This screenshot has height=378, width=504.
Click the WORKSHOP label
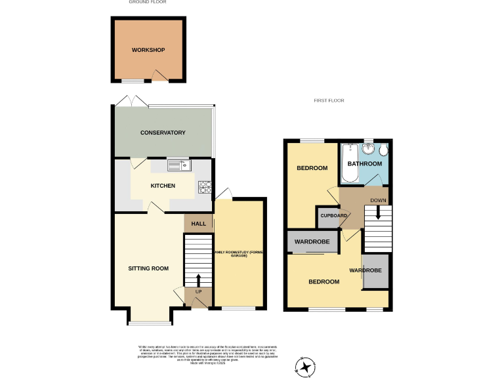click(x=148, y=51)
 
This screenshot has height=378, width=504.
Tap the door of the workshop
click(x=158, y=76)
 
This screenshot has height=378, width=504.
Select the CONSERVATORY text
click(x=163, y=133)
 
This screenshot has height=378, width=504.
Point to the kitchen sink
click(x=178, y=165)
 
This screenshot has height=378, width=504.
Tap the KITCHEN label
click(x=163, y=186)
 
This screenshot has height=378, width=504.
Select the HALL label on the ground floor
click(x=198, y=224)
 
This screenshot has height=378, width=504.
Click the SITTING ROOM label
click(x=148, y=268)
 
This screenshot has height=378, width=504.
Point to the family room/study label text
click(x=240, y=253)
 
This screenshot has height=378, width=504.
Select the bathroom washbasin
click(x=369, y=148)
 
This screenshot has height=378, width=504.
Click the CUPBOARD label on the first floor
click(x=333, y=215)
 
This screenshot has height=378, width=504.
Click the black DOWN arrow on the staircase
click(x=377, y=213)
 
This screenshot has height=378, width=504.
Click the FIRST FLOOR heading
click(x=329, y=100)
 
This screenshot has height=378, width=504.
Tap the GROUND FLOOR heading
click(x=148, y=2)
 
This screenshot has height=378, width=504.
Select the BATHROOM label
click(x=364, y=163)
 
